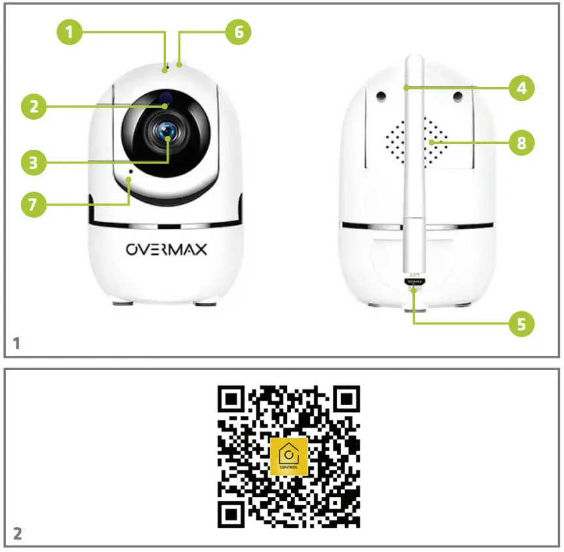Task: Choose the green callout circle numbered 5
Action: pos(520,322)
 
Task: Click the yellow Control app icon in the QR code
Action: pos(288,457)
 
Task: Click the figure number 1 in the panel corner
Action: pos(17,343)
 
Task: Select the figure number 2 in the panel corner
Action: pos(17,534)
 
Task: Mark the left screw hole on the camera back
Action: pos(380,96)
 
